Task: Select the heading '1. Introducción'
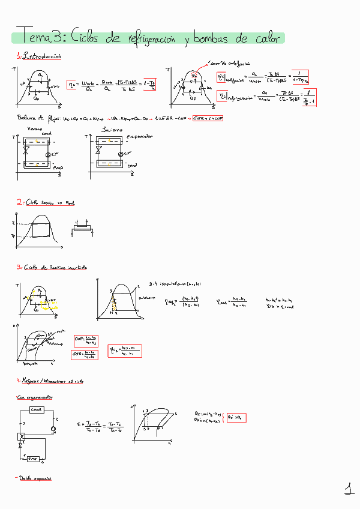pos(39,56)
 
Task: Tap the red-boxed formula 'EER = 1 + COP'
pos(208,118)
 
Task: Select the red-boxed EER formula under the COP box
pos(85,354)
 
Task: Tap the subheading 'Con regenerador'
pos(35,397)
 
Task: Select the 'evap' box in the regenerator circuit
pos(34,459)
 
